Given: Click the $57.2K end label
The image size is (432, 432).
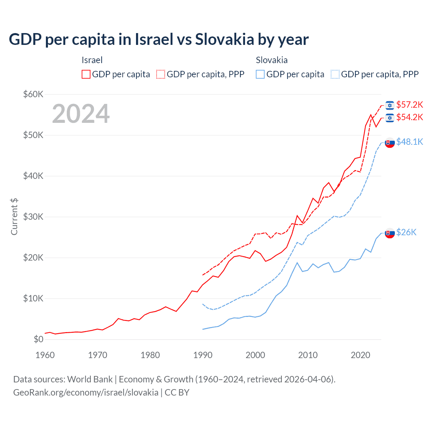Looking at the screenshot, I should click(x=409, y=105).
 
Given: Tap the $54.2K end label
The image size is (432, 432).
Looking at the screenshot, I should click(x=409, y=117).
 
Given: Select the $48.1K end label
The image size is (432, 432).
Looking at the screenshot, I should click(x=409, y=142).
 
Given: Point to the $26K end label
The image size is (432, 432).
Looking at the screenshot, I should click(x=406, y=232).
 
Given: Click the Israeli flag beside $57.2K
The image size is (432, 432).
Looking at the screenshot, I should click(x=390, y=105).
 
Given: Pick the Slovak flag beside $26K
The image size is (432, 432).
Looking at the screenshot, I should click(x=390, y=233).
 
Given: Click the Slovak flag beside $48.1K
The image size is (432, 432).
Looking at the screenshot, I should click(x=390, y=143).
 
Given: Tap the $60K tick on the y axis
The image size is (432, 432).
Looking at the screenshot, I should click(x=33, y=94).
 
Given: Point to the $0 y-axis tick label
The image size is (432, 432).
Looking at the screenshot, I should click(x=38, y=339).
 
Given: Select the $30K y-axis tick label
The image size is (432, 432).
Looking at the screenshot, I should click(x=33, y=217).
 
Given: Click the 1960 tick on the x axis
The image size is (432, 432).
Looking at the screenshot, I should click(x=45, y=355).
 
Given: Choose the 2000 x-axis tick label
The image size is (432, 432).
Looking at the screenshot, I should click(x=255, y=355).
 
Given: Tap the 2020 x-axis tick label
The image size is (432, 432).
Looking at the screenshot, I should click(x=360, y=355).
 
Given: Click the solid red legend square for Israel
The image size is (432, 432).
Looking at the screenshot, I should click(x=86, y=74).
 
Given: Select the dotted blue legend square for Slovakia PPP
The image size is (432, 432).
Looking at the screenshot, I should click(x=335, y=74).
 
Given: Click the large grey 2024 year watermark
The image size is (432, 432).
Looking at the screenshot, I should click(x=81, y=114).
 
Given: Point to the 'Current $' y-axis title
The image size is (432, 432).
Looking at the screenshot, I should click(x=14, y=217).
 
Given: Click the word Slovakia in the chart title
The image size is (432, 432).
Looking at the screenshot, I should click(x=224, y=39).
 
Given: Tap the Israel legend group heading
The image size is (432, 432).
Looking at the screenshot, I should click(x=92, y=60).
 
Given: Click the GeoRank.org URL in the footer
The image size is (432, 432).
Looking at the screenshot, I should click(x=86, y=393).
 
